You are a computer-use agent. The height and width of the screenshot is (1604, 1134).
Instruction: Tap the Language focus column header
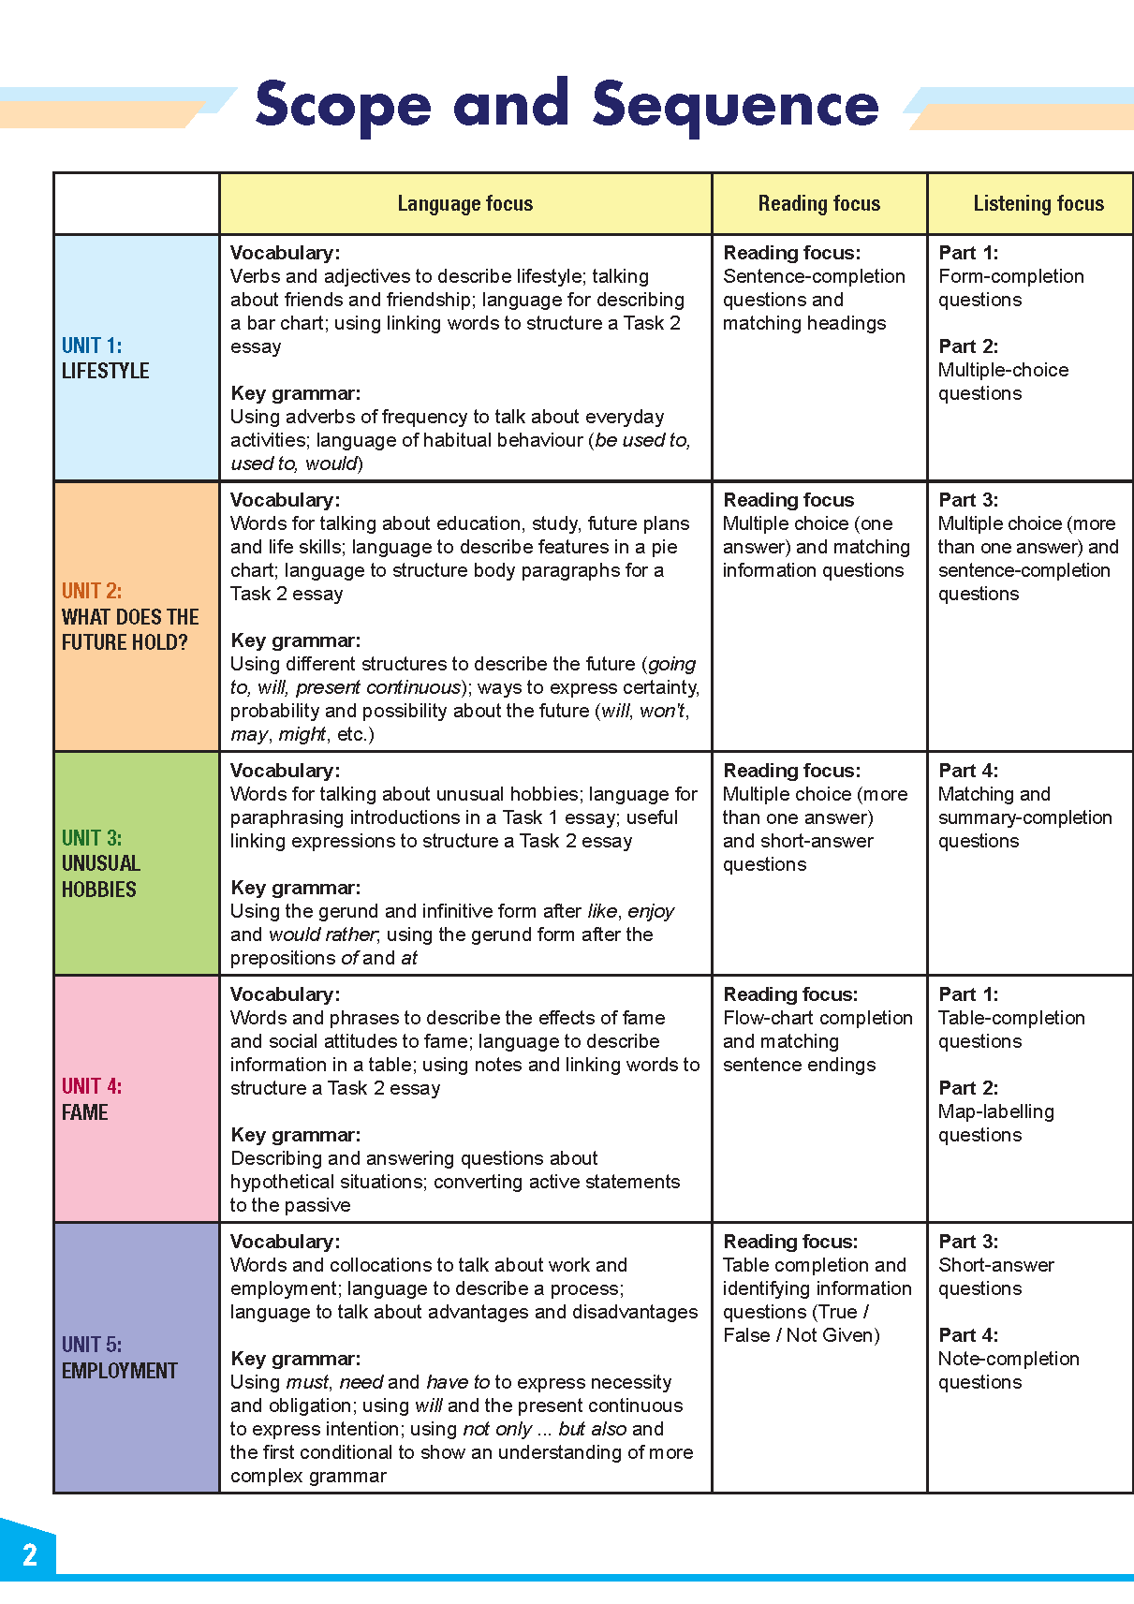464,203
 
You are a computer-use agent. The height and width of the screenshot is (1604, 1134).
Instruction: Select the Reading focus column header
818,203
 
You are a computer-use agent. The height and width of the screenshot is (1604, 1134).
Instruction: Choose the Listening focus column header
1038,203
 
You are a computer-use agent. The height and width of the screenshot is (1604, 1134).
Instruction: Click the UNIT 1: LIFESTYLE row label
105,359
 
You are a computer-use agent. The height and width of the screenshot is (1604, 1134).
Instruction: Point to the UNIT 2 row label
129,616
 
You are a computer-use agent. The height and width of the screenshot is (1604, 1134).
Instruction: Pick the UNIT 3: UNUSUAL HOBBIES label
100,863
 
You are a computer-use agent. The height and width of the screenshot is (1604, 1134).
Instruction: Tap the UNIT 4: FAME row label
91,1099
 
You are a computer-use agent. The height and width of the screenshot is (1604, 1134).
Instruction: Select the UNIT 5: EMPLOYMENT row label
119,1358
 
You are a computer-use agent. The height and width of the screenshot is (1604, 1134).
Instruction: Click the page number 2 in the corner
30,1555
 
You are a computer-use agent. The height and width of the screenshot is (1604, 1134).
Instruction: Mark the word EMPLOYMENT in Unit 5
119,1371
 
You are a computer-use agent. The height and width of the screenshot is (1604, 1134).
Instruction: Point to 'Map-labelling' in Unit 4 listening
995,1111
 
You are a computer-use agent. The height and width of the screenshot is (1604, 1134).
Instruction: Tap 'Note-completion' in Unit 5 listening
1009,1359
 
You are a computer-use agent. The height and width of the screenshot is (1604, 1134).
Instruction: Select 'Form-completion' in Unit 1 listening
1010,276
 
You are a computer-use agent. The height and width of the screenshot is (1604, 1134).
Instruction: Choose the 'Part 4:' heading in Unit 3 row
968,771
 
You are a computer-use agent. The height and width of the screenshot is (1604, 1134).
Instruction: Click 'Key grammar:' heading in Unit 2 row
295,640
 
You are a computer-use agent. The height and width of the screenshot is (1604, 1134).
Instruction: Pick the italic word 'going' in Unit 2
671,664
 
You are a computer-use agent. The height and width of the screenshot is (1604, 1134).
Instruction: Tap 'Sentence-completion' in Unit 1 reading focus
814,276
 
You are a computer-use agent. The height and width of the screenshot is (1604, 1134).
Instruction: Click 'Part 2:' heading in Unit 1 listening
968,346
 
